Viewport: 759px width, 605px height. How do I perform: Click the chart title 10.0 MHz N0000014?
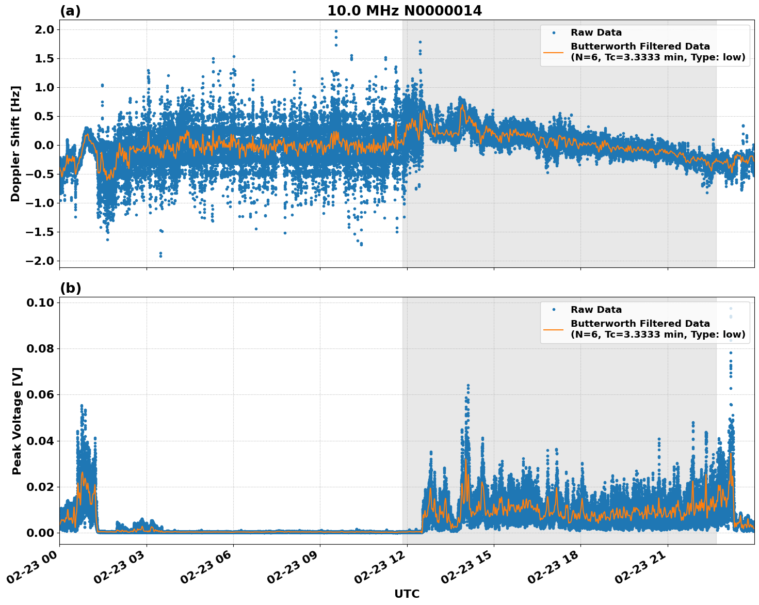tap(405, 11)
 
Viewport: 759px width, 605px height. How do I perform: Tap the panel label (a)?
tap(70, 11)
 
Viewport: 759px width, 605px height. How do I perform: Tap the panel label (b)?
tap(70, 288)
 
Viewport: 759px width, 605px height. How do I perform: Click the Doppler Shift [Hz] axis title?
tap(15, 144)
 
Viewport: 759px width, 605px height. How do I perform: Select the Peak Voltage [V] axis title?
tap(17, 421)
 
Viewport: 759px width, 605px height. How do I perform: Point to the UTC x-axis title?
tap(407, 594)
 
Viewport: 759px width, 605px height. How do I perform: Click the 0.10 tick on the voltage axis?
tap(40, 303)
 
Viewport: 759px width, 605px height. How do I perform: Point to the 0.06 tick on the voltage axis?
tap(40, 395)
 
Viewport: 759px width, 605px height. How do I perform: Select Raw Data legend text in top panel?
tap(596, 33)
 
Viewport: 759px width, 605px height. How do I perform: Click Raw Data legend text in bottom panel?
tap(596, 310)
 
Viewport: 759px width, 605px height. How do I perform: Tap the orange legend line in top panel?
tap(553, 52)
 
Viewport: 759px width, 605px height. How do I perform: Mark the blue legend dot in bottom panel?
tap(553, 310)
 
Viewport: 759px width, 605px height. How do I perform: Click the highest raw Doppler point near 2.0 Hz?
tap(336, 31)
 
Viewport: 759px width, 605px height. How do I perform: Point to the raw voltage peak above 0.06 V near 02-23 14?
tap(468, 386)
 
